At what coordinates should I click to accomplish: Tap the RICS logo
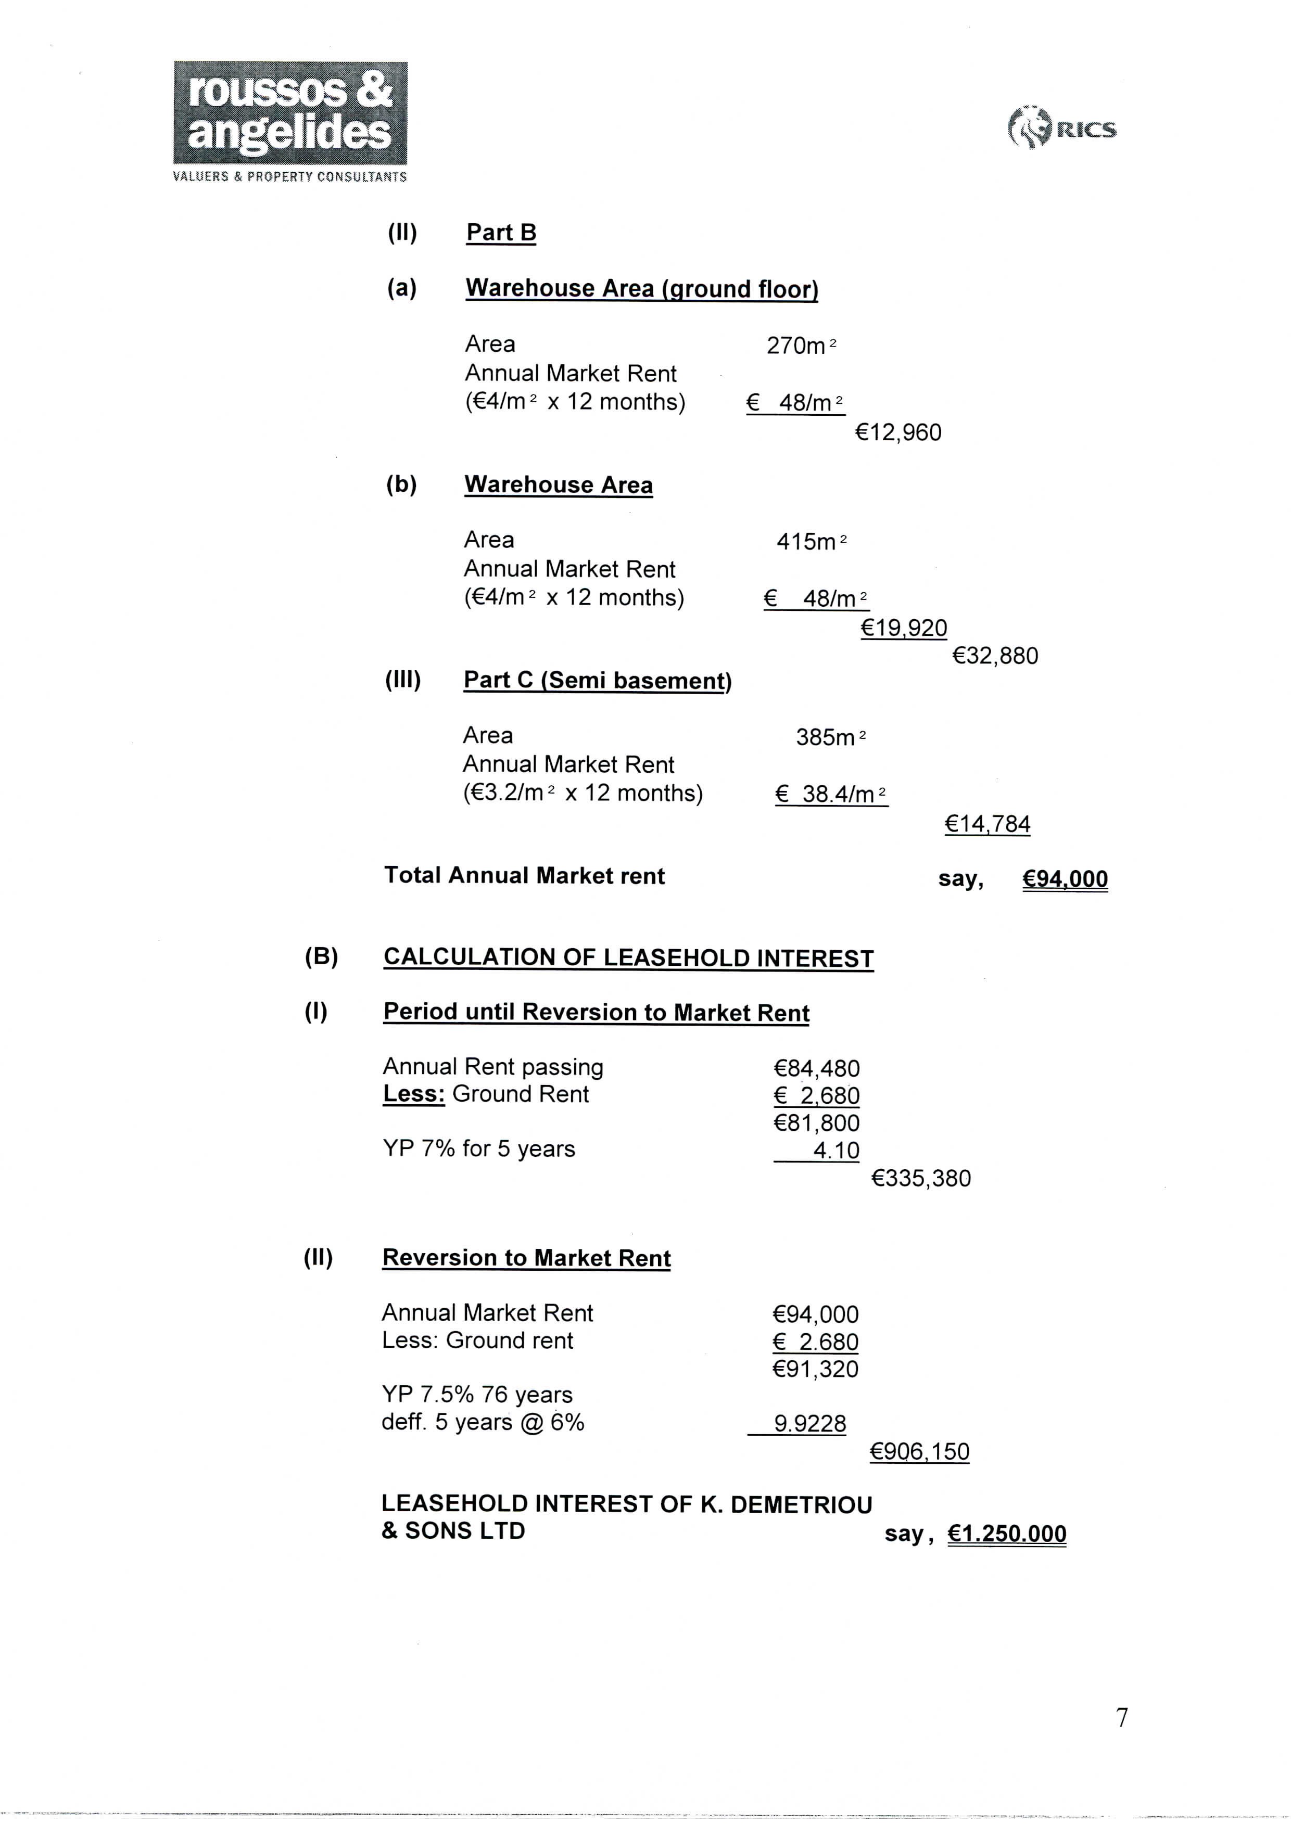[1062, 129]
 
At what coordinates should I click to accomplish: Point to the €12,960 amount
[897, 432]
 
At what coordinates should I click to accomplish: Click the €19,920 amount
[904, 628]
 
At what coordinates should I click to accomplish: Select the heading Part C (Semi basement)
[597, 681]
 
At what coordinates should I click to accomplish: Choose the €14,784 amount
[987, 824]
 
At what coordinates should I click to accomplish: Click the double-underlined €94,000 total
[1065, 879]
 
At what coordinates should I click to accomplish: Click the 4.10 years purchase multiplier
[835, 1151]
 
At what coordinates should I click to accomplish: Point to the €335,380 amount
[921, 1178]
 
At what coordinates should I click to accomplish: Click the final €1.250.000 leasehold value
[1006, 1534]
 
